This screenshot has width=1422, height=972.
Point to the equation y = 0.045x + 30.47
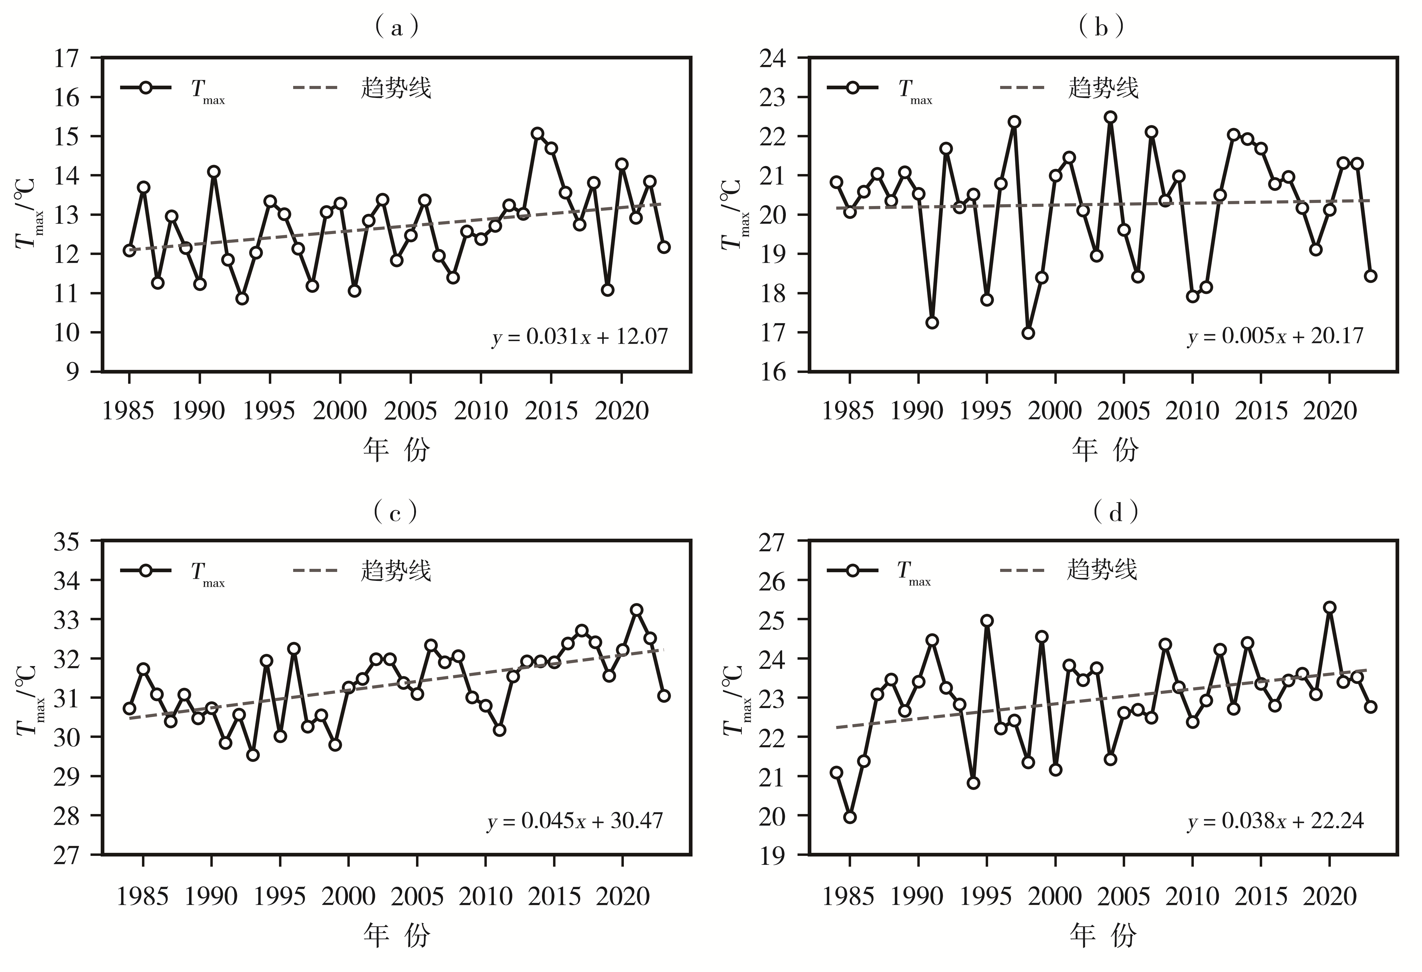coord(575,821)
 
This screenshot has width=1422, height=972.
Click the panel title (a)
coord(397,27)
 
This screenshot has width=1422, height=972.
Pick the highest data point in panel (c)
coord(636,610)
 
